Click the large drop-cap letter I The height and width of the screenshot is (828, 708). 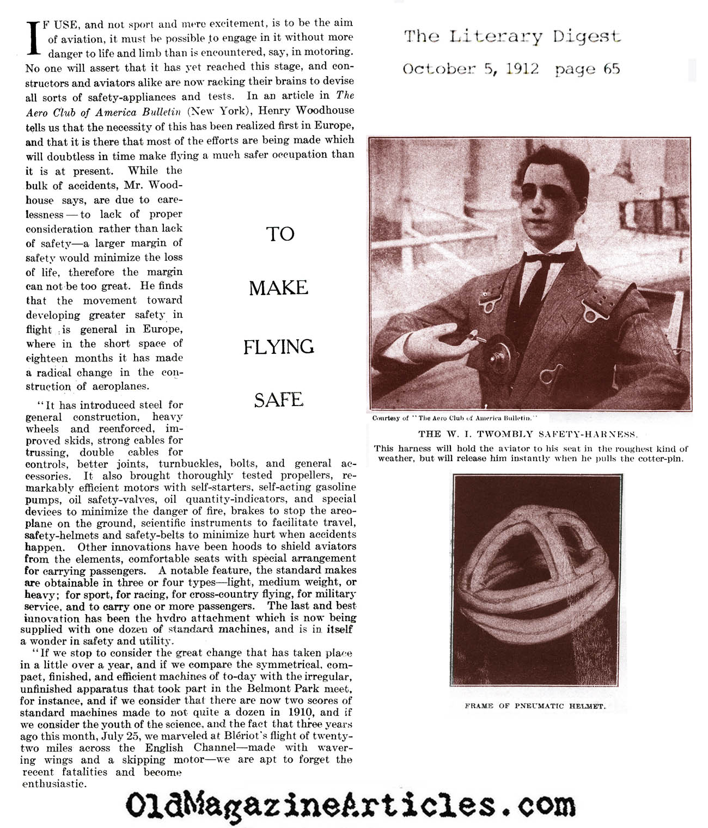(x=34, y=39)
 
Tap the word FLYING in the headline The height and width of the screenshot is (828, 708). (x=279, y=347)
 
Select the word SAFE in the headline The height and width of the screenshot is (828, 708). (x=278, y=400)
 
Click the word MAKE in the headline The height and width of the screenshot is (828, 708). (x=279, y=288)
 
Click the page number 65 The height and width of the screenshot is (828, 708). (x=612, y=69)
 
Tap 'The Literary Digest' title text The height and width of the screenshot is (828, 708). (x=512, y=36)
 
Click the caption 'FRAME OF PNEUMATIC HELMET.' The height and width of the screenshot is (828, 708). (x=535, y=706)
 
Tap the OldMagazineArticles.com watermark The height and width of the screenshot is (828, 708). (x=350, y=805)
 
